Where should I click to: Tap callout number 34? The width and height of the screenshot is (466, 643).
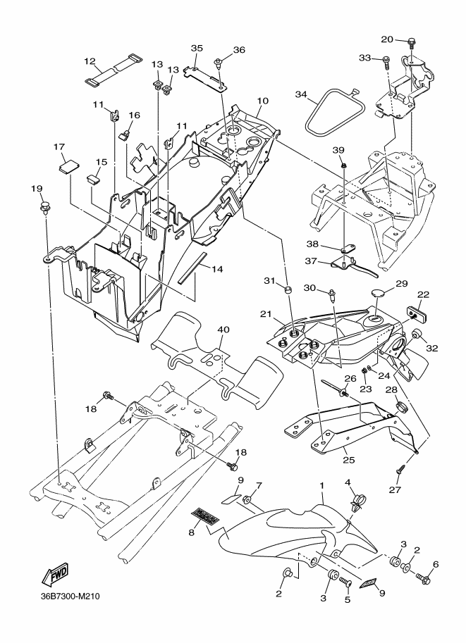click(x=301, y=94)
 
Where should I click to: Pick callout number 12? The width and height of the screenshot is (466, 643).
click(x=90, y=61)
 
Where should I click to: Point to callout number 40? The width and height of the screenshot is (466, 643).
click(x=223, y=330)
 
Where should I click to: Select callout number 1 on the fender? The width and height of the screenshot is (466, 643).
click(x=322, y=486)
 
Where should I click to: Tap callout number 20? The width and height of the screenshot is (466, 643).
click(x=387, y=39)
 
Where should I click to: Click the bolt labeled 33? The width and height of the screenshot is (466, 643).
click(x=387, y=63)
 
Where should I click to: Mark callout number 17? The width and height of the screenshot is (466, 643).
click(x=59, y=147)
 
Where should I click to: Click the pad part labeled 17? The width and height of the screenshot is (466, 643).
click(x=68, y=166)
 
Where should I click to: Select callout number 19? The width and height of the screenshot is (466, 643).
click(x=37, y=189)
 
